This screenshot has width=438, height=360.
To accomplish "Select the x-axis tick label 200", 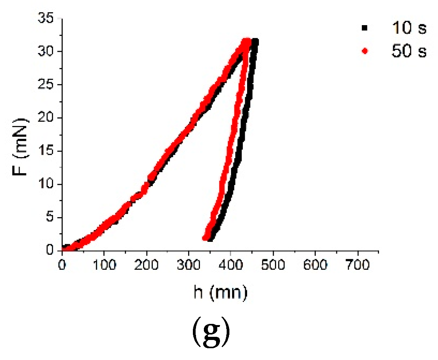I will (x=146, y=266).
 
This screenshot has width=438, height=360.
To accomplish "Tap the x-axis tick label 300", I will (x=189, y=266).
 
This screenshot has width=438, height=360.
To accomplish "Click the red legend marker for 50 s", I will (x=365, y=51).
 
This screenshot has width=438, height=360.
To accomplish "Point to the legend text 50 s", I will (x=409, y=51).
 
